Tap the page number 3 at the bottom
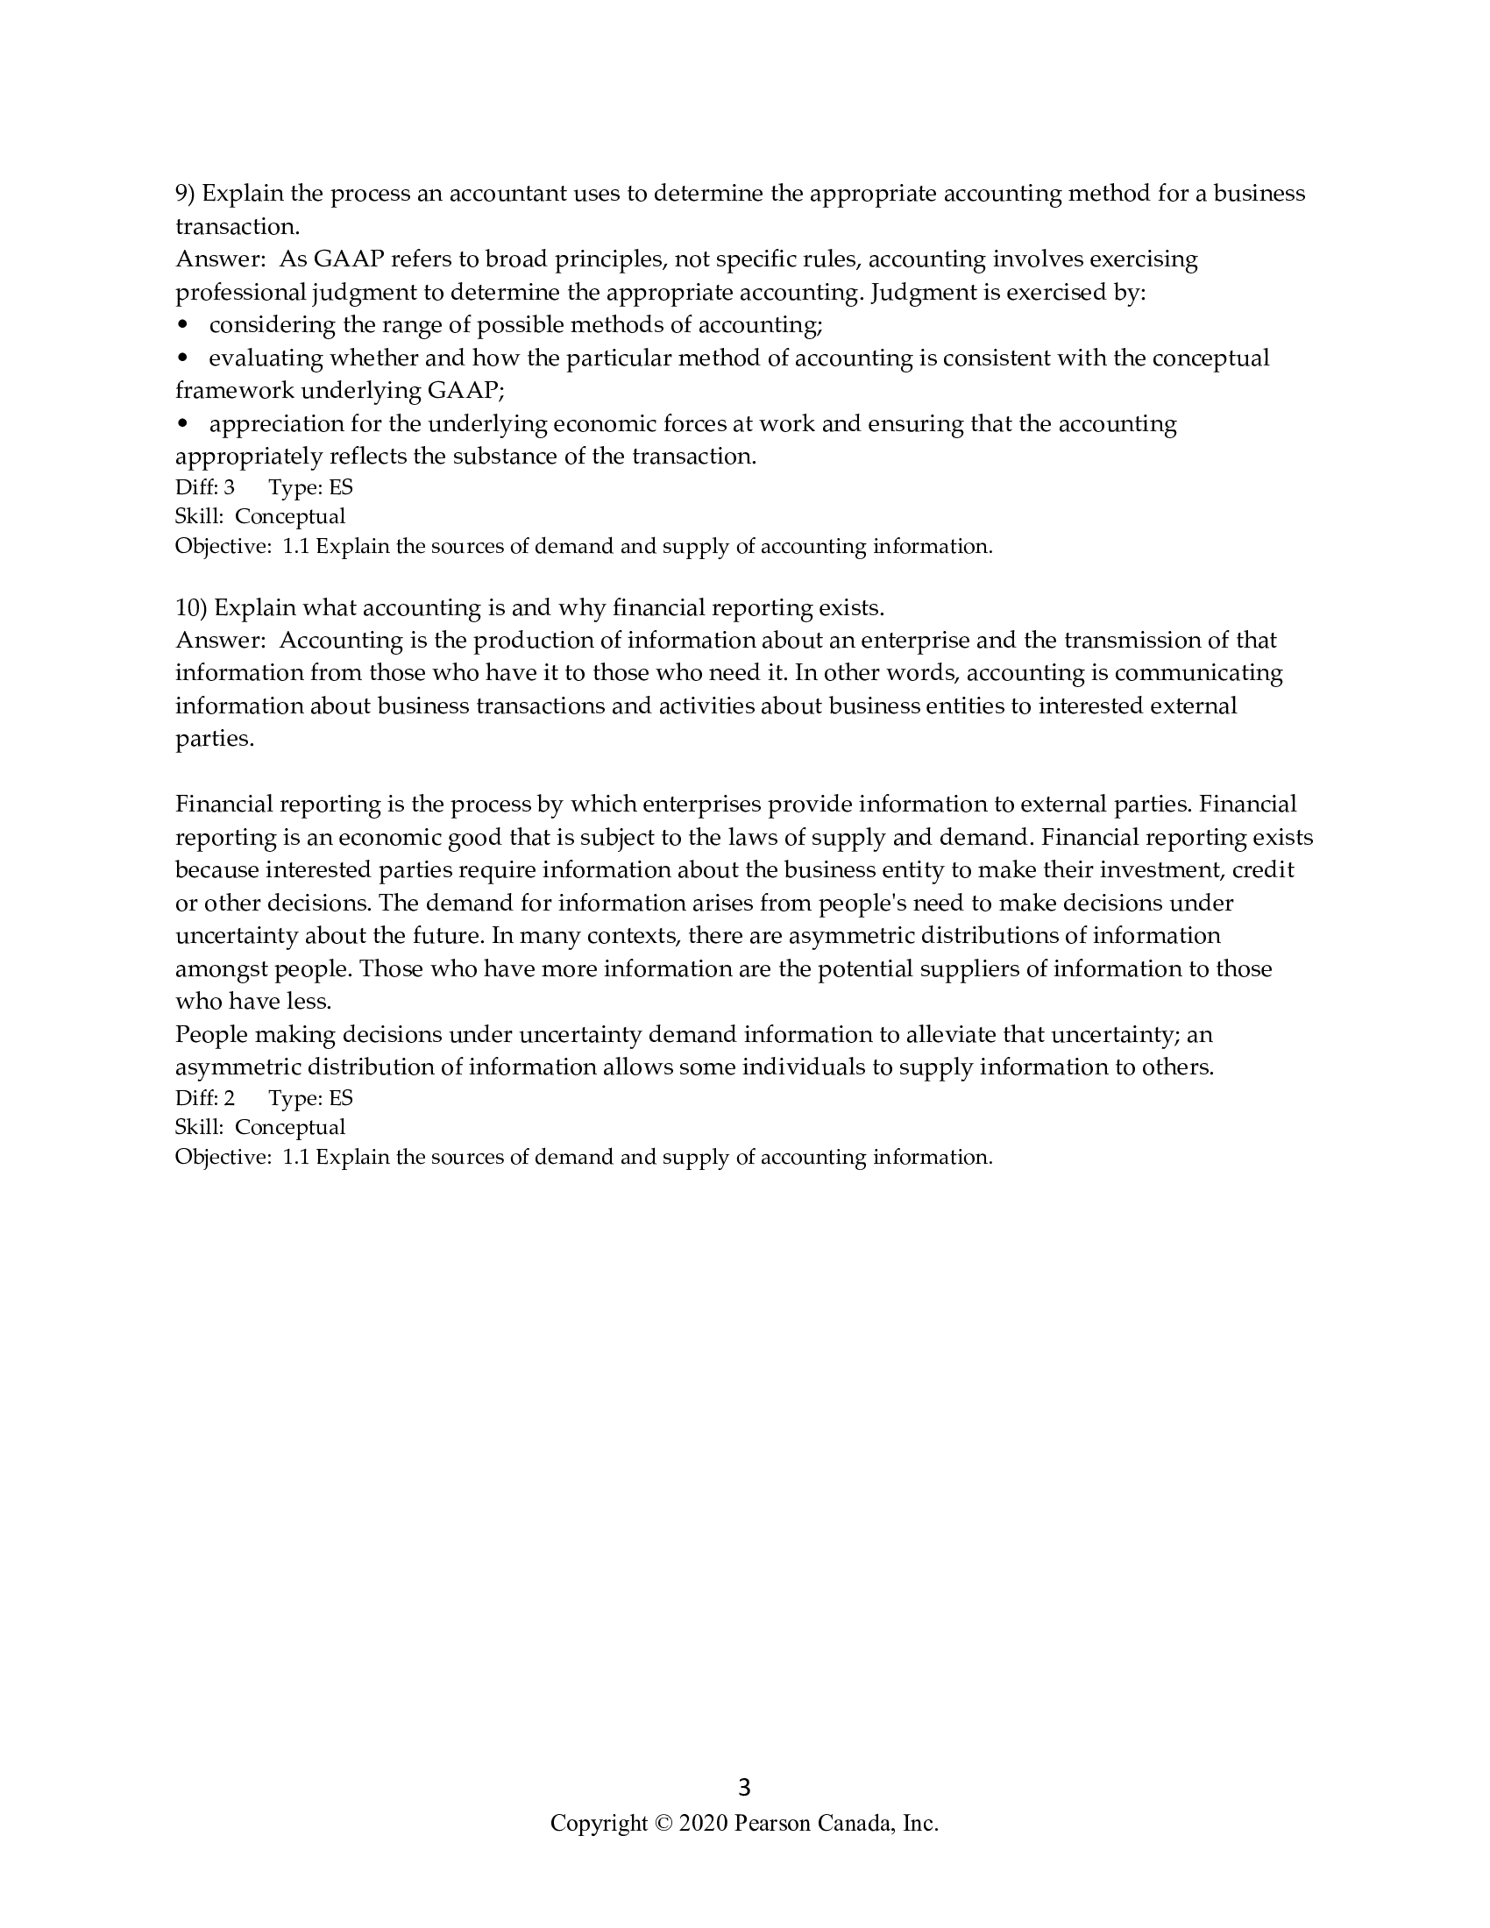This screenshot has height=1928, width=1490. point(744,1788)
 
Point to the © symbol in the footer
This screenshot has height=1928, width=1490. point(663,1823)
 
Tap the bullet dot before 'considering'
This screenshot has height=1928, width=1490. point(183,326)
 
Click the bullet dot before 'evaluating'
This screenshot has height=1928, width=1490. point(183,358)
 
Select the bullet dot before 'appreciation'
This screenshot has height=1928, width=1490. point(183,425)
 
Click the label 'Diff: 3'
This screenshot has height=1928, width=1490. point(205,487)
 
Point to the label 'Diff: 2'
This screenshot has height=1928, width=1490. point(205,1098)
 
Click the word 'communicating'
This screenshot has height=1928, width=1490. point(1198,673)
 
